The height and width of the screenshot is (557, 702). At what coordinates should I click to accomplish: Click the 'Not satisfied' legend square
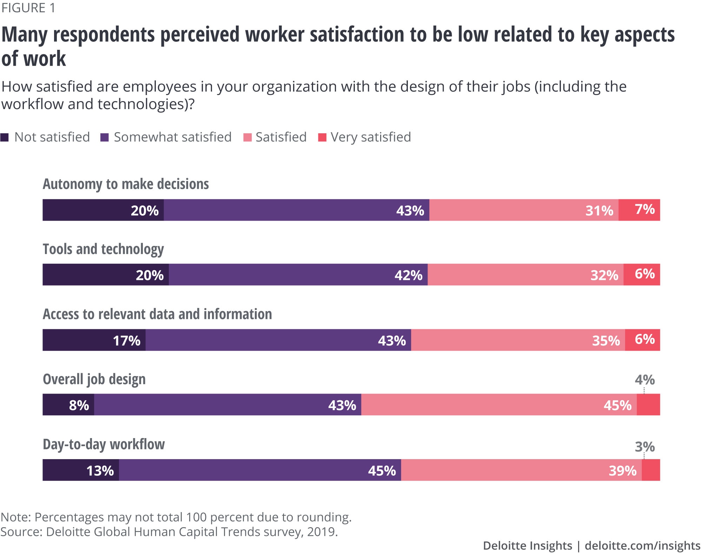pyautogui.click(x=5, y=137)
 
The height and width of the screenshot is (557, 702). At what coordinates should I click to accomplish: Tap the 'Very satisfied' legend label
pyautogui.click(x=371, y=137)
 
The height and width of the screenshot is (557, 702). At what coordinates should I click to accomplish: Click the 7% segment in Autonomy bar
pyautogui.click(x=639, y=210)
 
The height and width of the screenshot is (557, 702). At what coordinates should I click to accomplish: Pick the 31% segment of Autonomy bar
pyautogui.click(x=524, y=210)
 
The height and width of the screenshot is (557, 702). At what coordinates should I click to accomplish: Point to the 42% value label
pyautogui.click(x=408, y=275)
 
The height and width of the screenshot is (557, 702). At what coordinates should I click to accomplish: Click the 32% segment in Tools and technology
pyautogui.click(x=525, y=275)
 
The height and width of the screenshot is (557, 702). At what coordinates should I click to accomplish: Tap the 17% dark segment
pyautogui.click(x=94, y=340)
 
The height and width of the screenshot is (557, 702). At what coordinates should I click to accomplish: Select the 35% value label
pyautogui.click(x=606, y=341)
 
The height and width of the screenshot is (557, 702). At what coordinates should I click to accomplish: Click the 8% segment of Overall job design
pyautogui.click(x=68, y=405)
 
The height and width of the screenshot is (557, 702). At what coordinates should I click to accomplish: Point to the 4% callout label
pyautogui.click(x=644, y=380)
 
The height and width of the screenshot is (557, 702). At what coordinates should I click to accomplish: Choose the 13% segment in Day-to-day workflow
pyautogui.click(x=81, y=470)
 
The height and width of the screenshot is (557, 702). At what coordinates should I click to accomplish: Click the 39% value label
pyautogui.click(x=622, y=471)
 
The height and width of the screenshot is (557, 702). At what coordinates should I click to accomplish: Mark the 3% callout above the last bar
pyautogui.click(x=644, y=447)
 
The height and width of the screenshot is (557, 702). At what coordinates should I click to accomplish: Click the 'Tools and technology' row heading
pyautogui.click(x=103, y=249)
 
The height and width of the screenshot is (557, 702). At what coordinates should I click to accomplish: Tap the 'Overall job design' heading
pyautogui.click(x=94, y=379)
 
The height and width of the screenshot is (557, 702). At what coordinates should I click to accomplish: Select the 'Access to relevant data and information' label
pyautogui.click(x=157, y=314)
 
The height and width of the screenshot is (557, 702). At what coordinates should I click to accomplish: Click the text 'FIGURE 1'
pyautogui.click(x=28, y=8)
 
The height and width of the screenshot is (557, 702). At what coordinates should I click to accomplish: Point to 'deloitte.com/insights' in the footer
pyautogui.click(x=642, y=545)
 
